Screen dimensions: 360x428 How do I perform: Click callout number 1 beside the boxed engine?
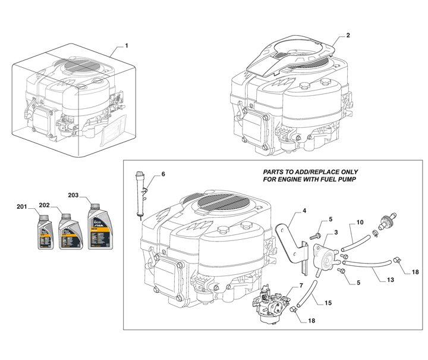[x=126, y=46]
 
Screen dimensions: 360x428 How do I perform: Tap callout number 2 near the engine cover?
[x=348, y=36]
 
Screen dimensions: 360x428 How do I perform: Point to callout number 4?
[x=304, y=212]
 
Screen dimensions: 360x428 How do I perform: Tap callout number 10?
[x=360, y=224]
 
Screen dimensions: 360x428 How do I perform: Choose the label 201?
[x=22, y=207]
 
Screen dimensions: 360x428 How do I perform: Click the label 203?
[x=73, y=195]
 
